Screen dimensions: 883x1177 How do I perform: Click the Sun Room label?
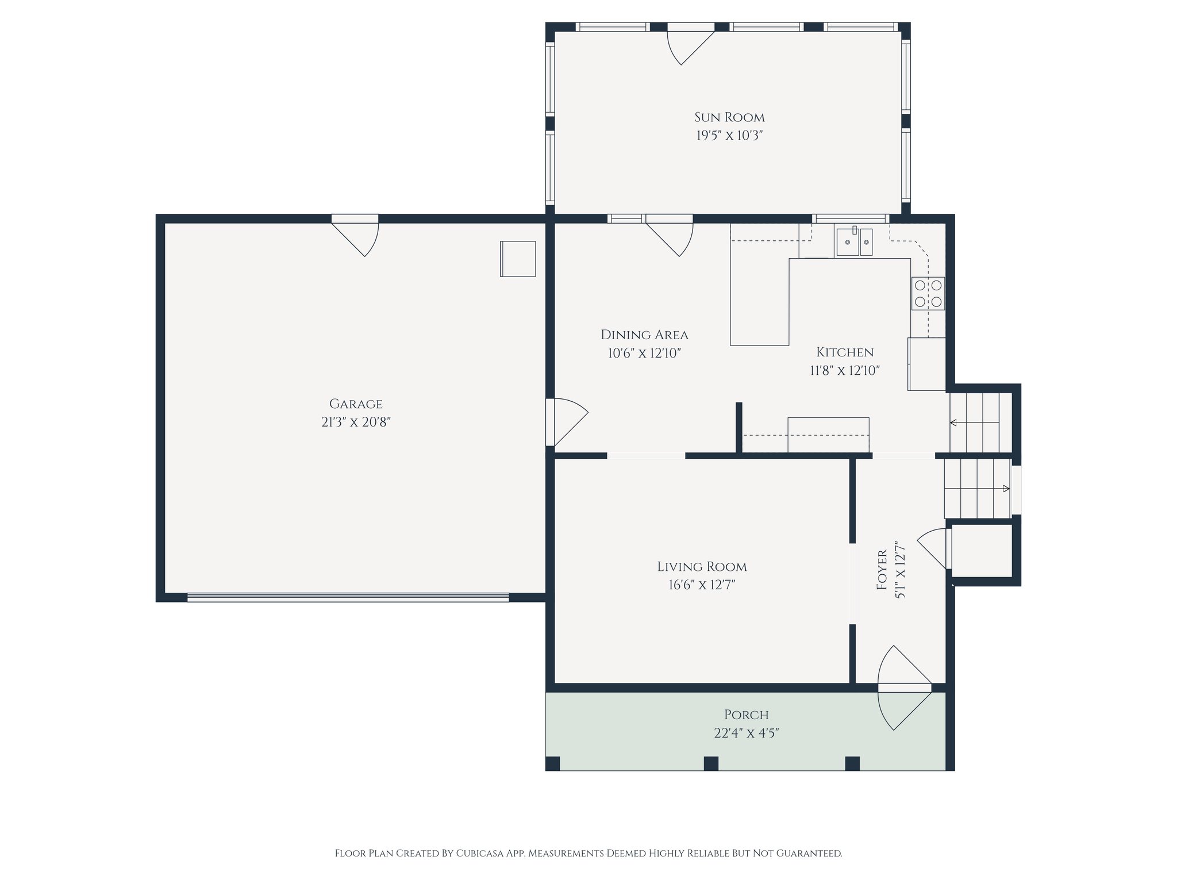pos(729,117)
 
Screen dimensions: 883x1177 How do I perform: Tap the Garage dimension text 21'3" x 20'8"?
pos(356,423)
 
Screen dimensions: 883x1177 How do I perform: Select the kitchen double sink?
pos(854,242)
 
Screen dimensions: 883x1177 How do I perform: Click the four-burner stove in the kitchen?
pos(928,293)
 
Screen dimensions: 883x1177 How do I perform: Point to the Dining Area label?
pos(644,335)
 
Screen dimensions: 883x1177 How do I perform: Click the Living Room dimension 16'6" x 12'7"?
pos(702,585)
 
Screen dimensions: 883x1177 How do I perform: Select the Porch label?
pos(746,715)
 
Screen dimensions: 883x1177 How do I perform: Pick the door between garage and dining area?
pos(567,422)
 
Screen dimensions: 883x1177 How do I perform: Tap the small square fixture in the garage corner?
pos(518,259)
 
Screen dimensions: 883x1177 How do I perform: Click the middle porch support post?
pos(711,763)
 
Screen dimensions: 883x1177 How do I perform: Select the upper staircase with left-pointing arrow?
pos(979,423)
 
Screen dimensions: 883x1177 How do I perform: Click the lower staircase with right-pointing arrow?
pos(977,489)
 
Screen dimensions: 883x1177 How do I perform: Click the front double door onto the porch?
pos(903,688)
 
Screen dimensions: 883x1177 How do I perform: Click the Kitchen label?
pos(845,352)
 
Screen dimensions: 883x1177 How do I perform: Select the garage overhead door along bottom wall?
pos(348,598)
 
